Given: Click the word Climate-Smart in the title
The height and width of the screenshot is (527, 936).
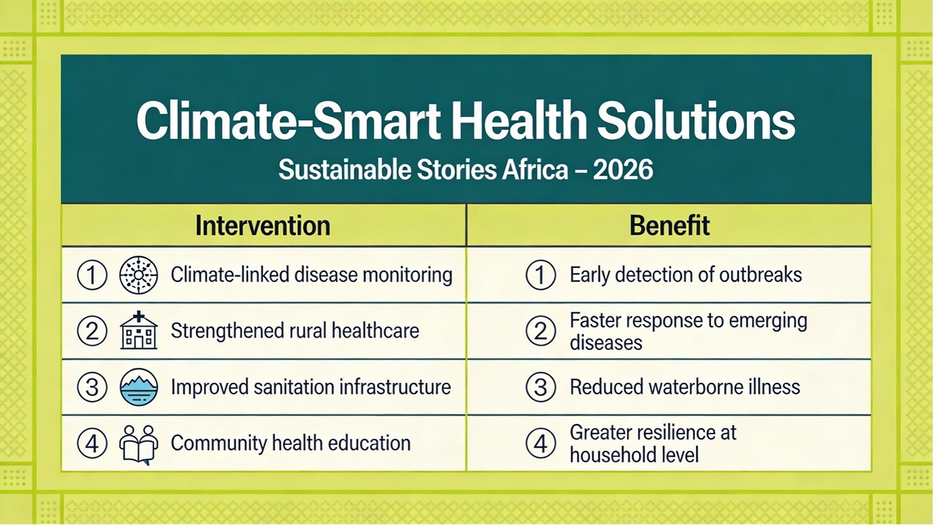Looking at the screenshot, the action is tap(288, 120).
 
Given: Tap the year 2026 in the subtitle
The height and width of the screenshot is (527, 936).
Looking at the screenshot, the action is tap(623, 170).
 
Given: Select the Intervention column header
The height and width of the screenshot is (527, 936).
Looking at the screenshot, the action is tap(263, 226).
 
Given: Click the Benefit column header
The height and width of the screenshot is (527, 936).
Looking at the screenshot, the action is tap(670, 226).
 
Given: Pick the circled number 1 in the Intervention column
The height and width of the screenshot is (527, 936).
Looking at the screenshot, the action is tap(92, 275).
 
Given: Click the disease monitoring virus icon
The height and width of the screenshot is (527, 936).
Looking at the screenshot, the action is tap(139, 275).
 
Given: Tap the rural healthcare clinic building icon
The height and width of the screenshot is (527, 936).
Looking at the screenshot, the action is tap(139, 330).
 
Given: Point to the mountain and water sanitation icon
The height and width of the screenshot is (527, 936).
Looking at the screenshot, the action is tap(139, 387).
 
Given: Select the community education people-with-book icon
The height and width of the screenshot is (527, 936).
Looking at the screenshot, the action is tap(139, 444).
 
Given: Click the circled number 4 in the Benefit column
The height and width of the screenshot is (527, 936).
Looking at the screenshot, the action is tap(541, 443).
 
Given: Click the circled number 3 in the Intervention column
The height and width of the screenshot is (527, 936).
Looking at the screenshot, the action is tap(92, 387).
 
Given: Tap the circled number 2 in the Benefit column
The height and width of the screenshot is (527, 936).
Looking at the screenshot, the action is tap(541, 331).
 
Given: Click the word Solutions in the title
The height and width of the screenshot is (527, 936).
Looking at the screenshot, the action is tap(696, 120).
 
